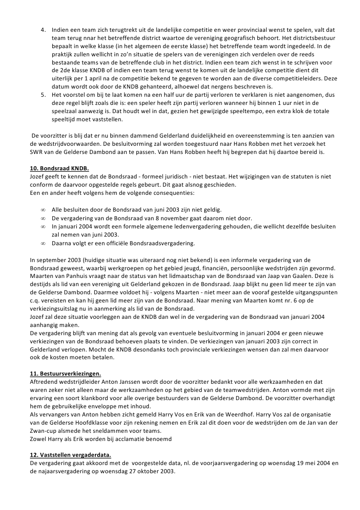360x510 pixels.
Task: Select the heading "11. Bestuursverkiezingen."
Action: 65,373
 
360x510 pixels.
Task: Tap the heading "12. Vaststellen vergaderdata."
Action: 70,455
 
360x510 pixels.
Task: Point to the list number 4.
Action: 44,30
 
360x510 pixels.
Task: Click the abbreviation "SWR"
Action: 37,152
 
